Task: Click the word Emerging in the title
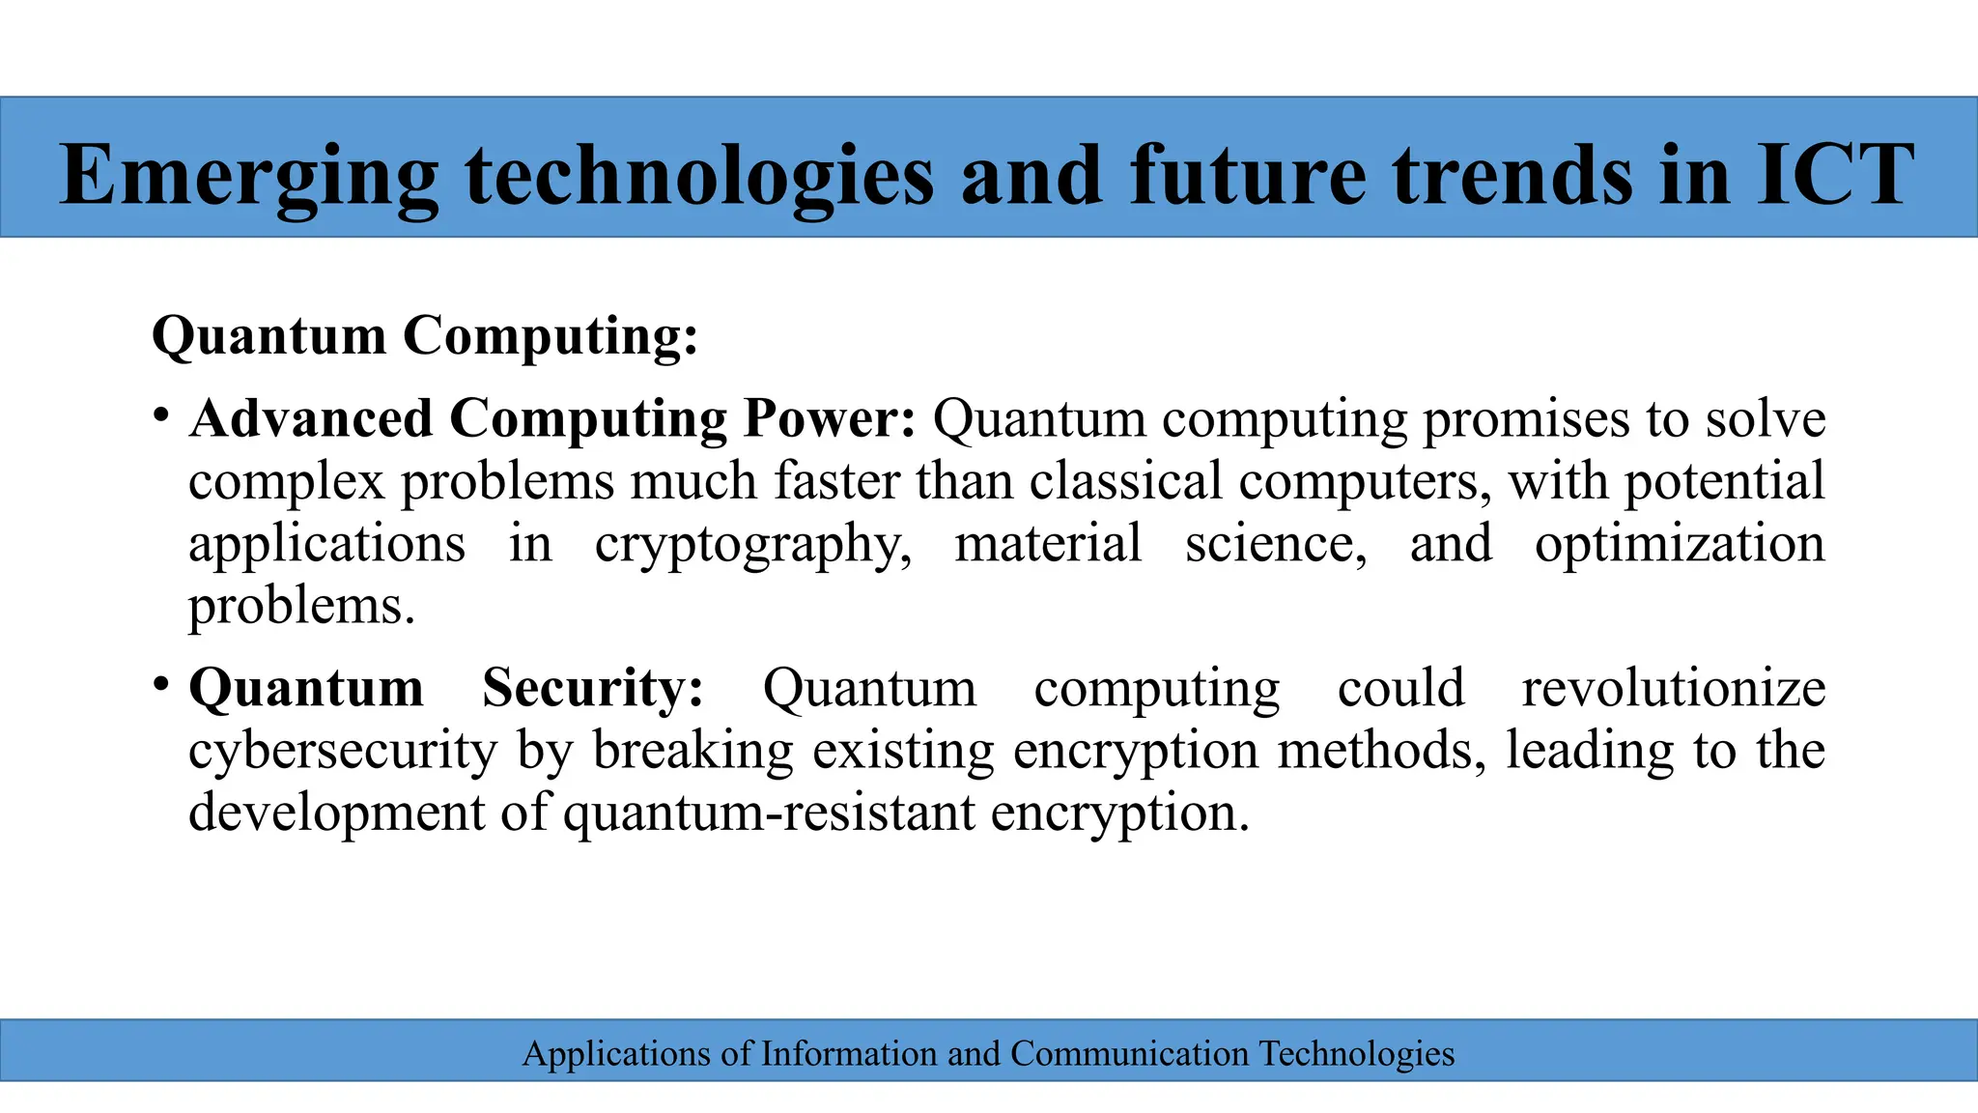click(x=249, y=176)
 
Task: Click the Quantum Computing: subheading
click(x=425, y=336)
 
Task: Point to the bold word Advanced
click(x=310, y=418)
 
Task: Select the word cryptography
click(x=753, y=544)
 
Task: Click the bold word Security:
click(x=593, y=688)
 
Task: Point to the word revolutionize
click(x=1674, y=688)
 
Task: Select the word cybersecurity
click(x=343, y=751)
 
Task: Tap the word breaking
click(x=692, y=751)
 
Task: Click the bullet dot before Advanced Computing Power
click(x=161, y=416)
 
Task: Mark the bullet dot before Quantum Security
click(x=161, y=686)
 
